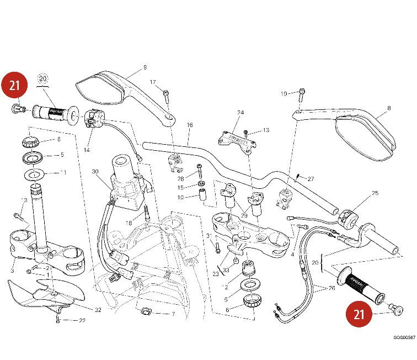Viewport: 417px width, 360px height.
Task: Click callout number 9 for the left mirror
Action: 145,67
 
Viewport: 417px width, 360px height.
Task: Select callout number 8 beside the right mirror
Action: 389,108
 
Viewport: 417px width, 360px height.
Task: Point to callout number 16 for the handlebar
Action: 189,125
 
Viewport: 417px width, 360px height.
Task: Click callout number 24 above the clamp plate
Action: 240,113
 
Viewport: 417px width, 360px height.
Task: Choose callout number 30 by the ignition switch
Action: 94,172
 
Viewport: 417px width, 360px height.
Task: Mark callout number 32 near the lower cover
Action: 98,310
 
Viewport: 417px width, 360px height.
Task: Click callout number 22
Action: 82,321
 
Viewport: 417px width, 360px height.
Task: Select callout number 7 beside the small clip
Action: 173,314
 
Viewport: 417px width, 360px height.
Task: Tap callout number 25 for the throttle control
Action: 375,193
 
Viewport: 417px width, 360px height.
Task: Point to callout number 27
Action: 311,179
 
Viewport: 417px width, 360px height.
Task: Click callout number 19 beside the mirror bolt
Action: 284,94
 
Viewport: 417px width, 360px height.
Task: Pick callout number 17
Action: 153,82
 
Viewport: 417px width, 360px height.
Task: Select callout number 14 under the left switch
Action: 87,150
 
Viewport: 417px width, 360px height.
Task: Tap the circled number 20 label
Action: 43,78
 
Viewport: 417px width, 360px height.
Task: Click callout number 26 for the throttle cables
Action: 331,287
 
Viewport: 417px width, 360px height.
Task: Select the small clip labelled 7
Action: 146,311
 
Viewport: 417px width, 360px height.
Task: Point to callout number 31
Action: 209,236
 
